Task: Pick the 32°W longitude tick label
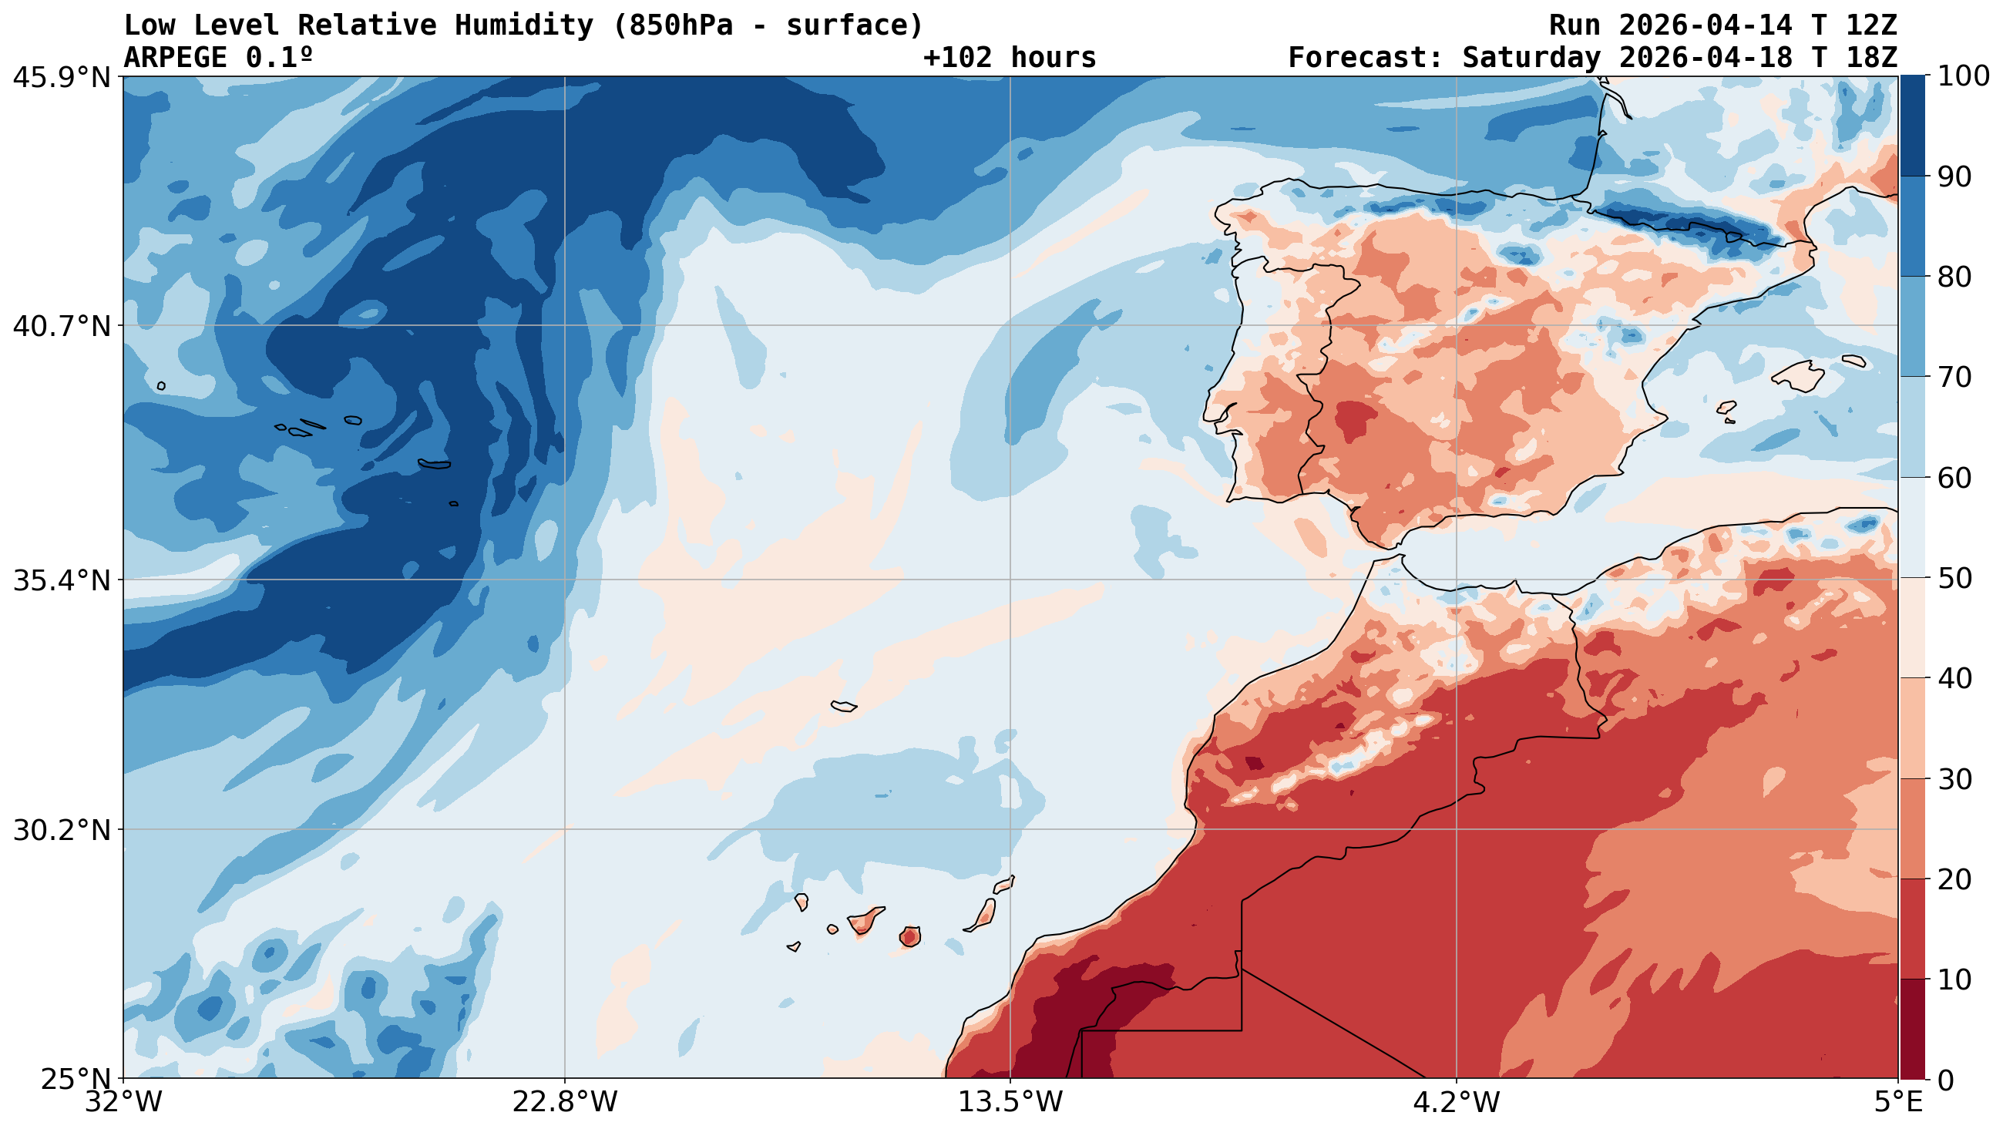(124, 1103)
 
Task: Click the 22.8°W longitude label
(564, 1103)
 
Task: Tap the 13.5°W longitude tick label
(1010, 1103)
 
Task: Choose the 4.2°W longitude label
(1456, 1103)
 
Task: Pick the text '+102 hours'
(1010, 58)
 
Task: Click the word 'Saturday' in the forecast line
(1531, 58)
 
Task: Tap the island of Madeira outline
(844, 706)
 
